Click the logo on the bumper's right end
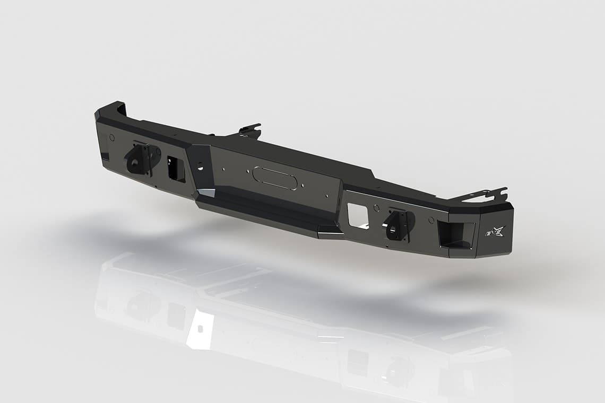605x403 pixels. pos(495,231)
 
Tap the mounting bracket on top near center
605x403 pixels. pos(250,130)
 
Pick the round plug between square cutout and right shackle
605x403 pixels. pos(376,207)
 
